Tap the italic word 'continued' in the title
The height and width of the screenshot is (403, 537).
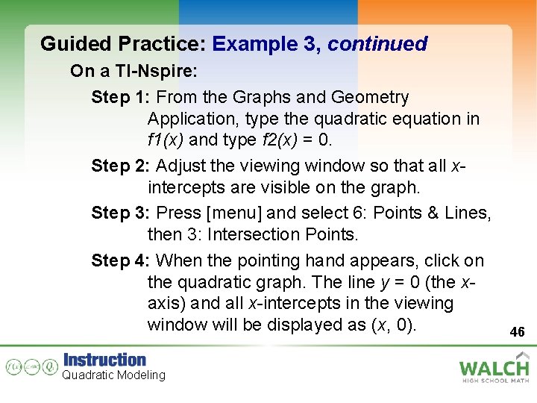pos(377,44)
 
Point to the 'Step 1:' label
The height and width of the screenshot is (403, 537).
pos(122,97)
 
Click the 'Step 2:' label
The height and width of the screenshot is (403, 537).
pos(122,166)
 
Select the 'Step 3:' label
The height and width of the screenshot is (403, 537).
pos(122,213)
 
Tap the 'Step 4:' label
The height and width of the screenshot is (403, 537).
pos(122,260)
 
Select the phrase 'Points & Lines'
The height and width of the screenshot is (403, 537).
pos(431,213)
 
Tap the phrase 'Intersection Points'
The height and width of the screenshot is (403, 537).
pos(283,234)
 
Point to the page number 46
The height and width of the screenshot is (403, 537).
pos(517,331)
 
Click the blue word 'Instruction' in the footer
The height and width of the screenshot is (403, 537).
pos(104,360)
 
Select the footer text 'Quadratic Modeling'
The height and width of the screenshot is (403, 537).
pos(113,375)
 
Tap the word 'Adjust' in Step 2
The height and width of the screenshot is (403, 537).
pos(181,166)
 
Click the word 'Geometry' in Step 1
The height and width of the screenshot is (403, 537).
pos(370,97)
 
